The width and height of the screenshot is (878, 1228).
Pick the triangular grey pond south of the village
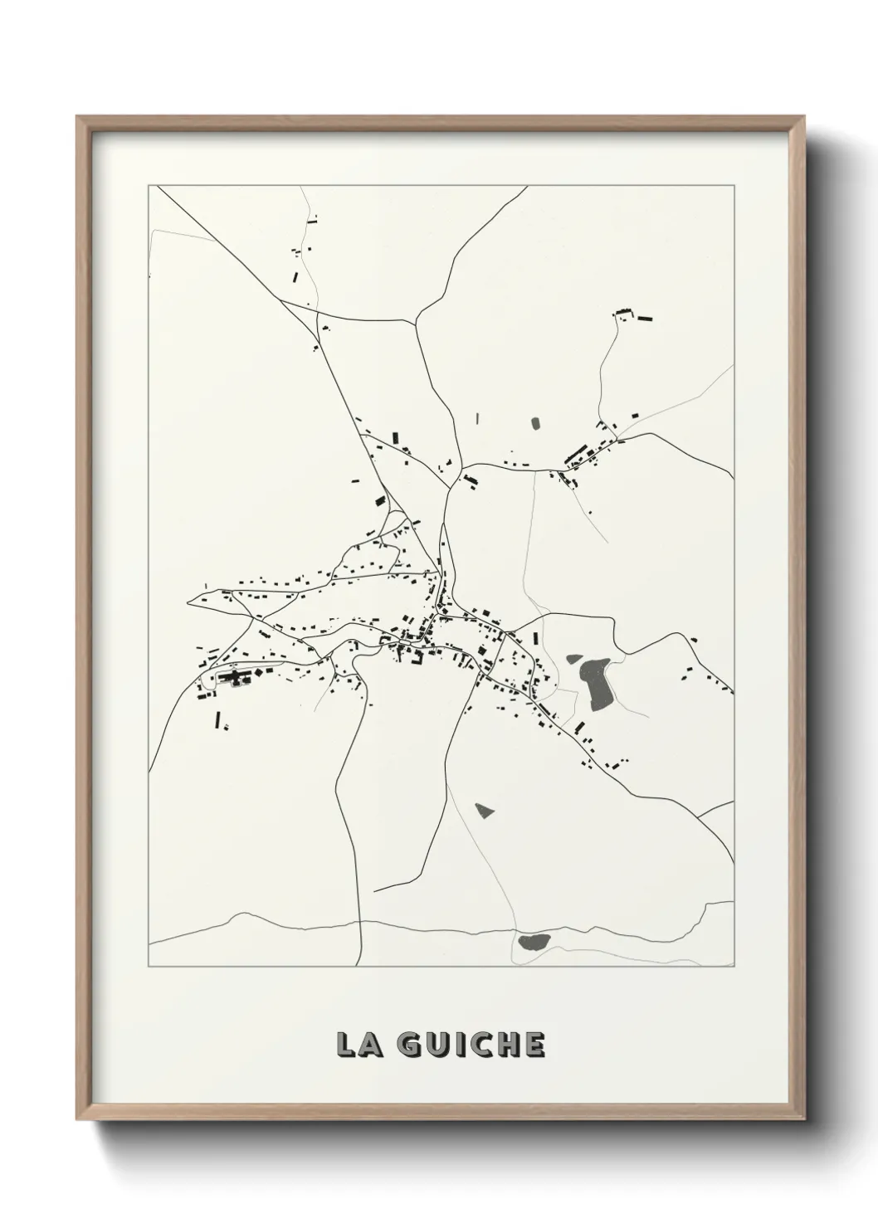(484, 809)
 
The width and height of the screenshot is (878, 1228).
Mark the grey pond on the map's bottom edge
(532, 941)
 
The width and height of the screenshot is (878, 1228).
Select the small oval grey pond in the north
(536, 423)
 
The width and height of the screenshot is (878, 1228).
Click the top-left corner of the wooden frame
(78, 118)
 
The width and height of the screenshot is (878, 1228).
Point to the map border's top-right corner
(735, 186)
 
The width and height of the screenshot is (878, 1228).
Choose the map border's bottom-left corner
(149, 967)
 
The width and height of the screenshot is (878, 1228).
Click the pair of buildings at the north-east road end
(635, 315)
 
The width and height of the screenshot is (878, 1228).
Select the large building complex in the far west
(235, 679)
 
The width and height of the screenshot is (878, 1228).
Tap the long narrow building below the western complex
(218, 719)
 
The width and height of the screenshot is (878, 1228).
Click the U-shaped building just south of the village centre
(412, 657)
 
